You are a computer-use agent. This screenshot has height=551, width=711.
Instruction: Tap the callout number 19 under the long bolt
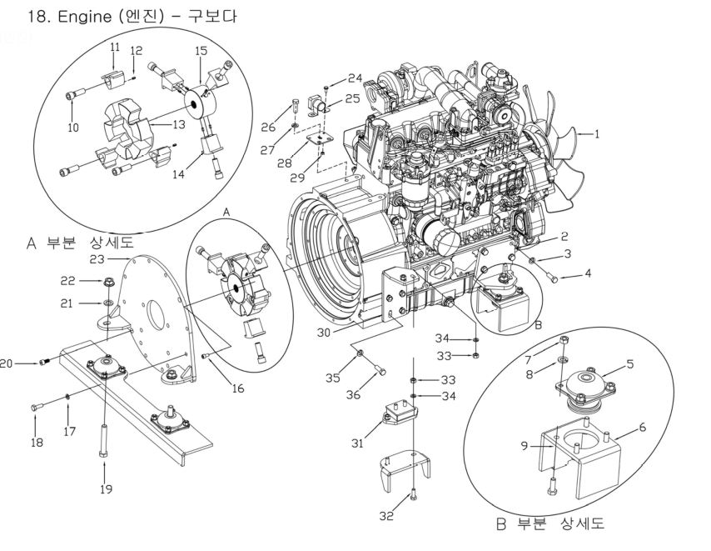point(105,489)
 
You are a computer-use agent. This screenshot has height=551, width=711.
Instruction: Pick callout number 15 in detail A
point(200,51)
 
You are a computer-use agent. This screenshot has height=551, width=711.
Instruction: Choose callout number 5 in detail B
point(629,363)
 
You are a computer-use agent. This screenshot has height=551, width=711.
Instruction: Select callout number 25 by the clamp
point(353,98)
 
